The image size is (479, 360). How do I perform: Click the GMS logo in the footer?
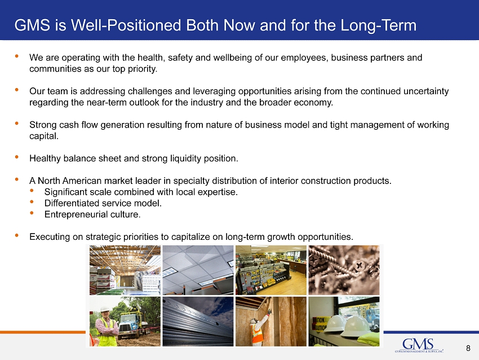click(x=419, y=345)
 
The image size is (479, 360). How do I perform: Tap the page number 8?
click(x=468, y=348)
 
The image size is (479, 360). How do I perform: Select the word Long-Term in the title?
click(x=378, y=25)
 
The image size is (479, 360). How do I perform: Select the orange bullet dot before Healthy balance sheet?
click(x=16, y=157)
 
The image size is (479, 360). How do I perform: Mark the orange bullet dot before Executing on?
click(x=16, y=235)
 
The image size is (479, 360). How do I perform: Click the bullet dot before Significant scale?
click(x=32, y=191)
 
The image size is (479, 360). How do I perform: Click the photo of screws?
click(x=344, y=270)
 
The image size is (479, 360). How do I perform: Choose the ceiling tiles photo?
click(x=198, y=270)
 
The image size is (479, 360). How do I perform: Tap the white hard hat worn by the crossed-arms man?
click(x=105, y=309)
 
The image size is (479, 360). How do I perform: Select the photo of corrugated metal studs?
click(x=198, y=322)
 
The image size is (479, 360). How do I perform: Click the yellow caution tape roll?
click(x=319, y=324)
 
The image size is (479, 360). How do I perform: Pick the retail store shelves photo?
click(x=271, y=270)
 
